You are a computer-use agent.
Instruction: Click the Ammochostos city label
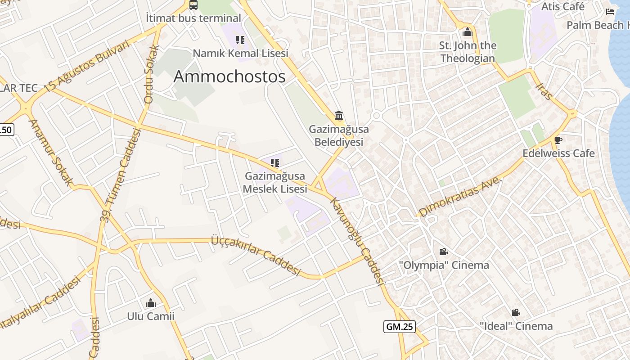[229, 76]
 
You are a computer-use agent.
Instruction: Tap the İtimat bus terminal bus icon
[193, 5]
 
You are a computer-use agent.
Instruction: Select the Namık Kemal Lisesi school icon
[240, 40]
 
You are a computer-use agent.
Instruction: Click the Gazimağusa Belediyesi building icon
[339, 116]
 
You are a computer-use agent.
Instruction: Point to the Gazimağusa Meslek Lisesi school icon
[274, 162]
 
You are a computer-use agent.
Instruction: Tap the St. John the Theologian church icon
[468, 32]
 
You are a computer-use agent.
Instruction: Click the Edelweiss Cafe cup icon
[558, 140]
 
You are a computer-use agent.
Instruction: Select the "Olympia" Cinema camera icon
[443, 252]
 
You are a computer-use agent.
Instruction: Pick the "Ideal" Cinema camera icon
[516, 312]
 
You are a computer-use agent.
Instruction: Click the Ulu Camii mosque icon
[151, 303]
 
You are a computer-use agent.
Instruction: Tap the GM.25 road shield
[399, 327]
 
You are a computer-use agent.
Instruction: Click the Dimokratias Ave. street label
[460, 196]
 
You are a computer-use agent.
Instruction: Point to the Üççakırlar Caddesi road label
[256, 255]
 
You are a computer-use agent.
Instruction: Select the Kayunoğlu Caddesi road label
[358, 241]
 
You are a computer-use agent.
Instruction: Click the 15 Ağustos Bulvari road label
[87, 66]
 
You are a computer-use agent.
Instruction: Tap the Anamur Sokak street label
[50, 152]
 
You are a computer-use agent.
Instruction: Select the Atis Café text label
[563, 6]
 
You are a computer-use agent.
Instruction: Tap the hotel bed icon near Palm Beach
[610, 11]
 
